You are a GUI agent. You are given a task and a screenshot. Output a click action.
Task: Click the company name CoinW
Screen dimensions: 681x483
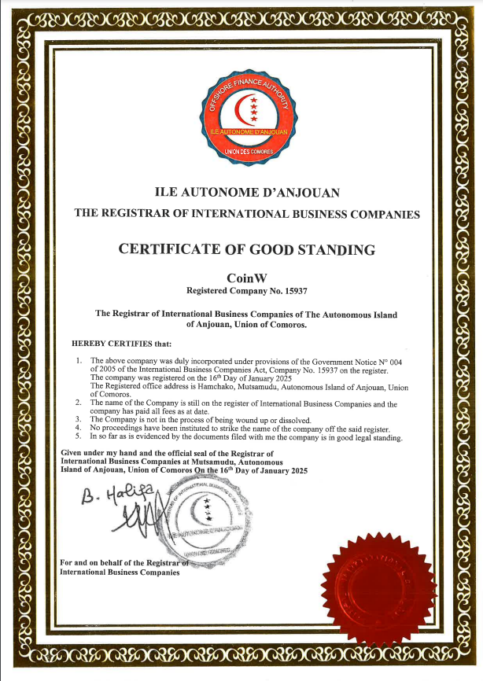pyautogui.click(x=246, y=278)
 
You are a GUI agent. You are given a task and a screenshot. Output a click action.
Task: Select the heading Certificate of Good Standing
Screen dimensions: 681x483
pyautogui.click(x=246, y=250)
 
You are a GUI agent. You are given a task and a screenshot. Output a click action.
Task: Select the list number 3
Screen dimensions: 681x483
pyautogui.click(x=79, y=420)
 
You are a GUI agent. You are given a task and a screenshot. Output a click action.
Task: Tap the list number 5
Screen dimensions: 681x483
pyautogui.click(x=79, y=436)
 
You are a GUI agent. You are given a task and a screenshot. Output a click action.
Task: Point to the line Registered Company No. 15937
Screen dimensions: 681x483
pyautogui.click(x=246, y=291)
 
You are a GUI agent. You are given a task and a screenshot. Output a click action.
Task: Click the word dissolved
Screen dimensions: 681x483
pyautogui.click(x=293, y=420)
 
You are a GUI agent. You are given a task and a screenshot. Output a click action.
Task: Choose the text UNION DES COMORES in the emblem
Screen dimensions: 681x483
pyautogui.click(x=246, y=149)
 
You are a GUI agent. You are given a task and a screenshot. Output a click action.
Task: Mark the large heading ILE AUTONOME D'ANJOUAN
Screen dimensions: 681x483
pyautogui.click(x=246, y=191)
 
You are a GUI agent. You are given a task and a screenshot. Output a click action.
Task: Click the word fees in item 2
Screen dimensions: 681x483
pyautogui.click(x=169, y=411)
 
